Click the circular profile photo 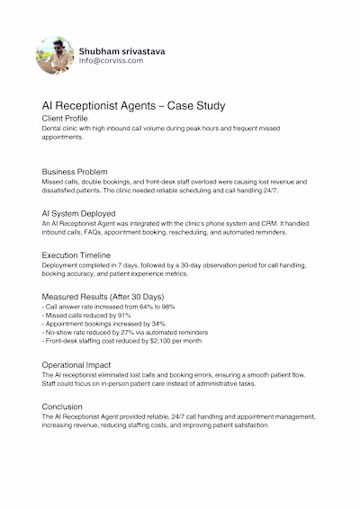click(54, 56)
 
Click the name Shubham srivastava click(121, 51)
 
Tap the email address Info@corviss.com click(112, 61)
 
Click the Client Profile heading click(65, 118)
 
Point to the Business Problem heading click(75, 171)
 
